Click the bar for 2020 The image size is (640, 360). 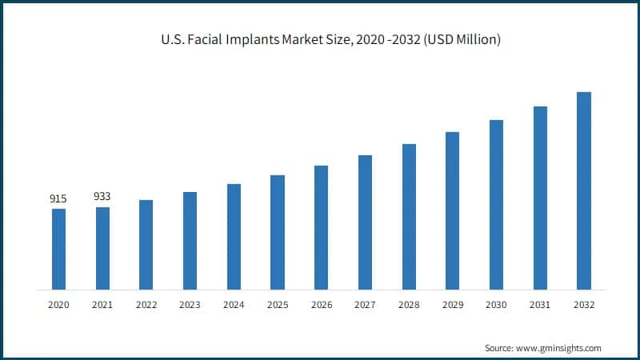[x=58, y=249]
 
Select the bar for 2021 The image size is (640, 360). [x=102, y=248]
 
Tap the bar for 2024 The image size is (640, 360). [x=234, y=237]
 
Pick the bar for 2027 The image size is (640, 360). [x=365, y=222]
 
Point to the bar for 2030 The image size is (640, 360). [x=496, y=204]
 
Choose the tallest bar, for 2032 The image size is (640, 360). [x=584, y=190]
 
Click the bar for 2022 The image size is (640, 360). [x=146, y=244]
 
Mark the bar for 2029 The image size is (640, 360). [x=453, y=210]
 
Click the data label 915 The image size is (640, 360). [x=58, y=198]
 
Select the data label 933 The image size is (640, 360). [x=102, y=196]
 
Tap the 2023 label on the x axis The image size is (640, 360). [x=190, y=305]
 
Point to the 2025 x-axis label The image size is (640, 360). [x=278, y=305]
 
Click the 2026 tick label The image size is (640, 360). [x=321, y=305]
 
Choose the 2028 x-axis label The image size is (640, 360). [x=409, y=305]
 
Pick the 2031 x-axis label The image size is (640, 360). [x=540, y=305]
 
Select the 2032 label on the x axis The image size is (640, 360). [x=584, y=305]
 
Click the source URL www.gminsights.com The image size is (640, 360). [x=559, y=348]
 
